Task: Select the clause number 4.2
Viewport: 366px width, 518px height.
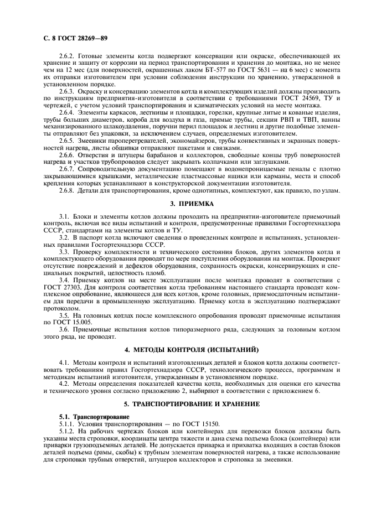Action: click(x=64, y=382)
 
